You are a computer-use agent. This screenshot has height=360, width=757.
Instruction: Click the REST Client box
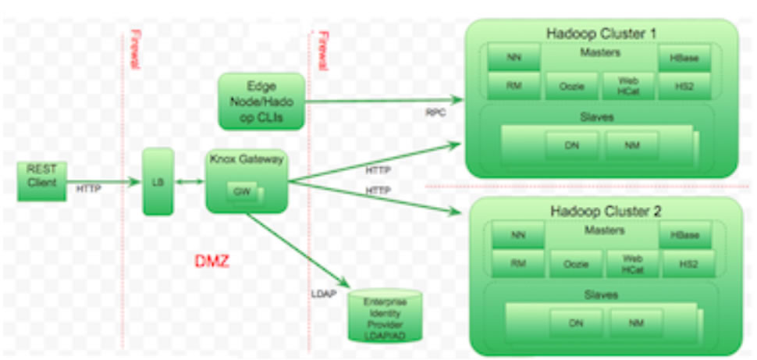click(x=41, y=181)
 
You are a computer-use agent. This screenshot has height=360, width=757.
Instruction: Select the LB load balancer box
click(x=158, y=181)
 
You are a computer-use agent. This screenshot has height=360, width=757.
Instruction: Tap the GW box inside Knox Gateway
click(x=243, y=191)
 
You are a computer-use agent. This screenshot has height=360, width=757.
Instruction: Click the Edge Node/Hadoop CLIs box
click(x=261, y=101)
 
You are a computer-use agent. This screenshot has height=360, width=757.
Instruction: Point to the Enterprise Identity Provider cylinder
click(x=384, y=315)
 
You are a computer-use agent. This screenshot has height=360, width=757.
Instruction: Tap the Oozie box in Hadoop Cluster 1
click(x=572, y=86)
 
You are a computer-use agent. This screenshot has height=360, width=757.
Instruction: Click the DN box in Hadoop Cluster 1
click(x=572, y=145)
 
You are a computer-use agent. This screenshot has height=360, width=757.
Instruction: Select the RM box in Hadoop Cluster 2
click(x=517, y=264)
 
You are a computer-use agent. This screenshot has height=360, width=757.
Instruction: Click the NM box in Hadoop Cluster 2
click(x=635, y=322)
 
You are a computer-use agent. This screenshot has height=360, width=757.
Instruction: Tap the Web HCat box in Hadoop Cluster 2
click(x=632, y=264)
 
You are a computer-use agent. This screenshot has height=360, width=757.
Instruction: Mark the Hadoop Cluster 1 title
click(x=601, y=34)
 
